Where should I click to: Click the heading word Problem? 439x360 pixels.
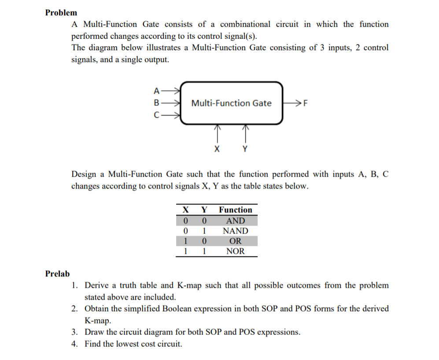click(61, 12)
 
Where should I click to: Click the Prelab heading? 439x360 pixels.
click(57, 274)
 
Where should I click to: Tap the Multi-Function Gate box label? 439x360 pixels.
click(231, 103)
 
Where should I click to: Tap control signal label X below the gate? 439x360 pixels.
click(216, 149)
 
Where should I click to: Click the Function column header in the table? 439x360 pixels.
click(236, 210)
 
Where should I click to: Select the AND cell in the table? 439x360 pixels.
click(236, 220)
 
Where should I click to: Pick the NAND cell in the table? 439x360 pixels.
click(236, 231)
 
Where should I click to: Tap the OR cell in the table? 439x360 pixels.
click(236, 241)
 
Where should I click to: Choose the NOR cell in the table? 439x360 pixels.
click(236, 252)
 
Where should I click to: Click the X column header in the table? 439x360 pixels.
click(186, 210)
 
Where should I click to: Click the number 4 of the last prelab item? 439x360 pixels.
click(75, 344)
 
